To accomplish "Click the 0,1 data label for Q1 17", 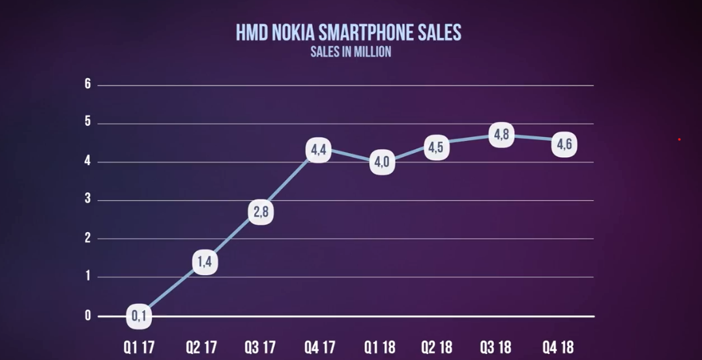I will pyautogui.click(x=139, y=316).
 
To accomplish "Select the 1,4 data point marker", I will pyautogui.click(x=205, y=263).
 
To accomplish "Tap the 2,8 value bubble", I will pyautogui.click(x=260, y=213).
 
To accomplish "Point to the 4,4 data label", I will pyautogui.click(x=318, y=151).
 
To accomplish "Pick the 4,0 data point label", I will pyautogui.click(x=382, y=162).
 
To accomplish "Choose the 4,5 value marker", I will pyautogui.click(x=436, y=147).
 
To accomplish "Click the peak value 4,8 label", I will pyautogui.click(x=501, y=135).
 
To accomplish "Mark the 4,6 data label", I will pyautogui.click(x=564, y=144).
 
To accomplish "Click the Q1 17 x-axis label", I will pyautogui.click(x=139, y=346).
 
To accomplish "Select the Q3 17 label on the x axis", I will pyautogui.click(x=261, y=346).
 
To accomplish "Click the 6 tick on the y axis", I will pyautogui.click(x=87, y=85).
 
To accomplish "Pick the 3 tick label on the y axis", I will pyautogui.click(x=87, y=200).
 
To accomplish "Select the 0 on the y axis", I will pyautogui.click(x=87, y=316).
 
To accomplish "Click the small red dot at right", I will pyautogui.click(x=679, y=139).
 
